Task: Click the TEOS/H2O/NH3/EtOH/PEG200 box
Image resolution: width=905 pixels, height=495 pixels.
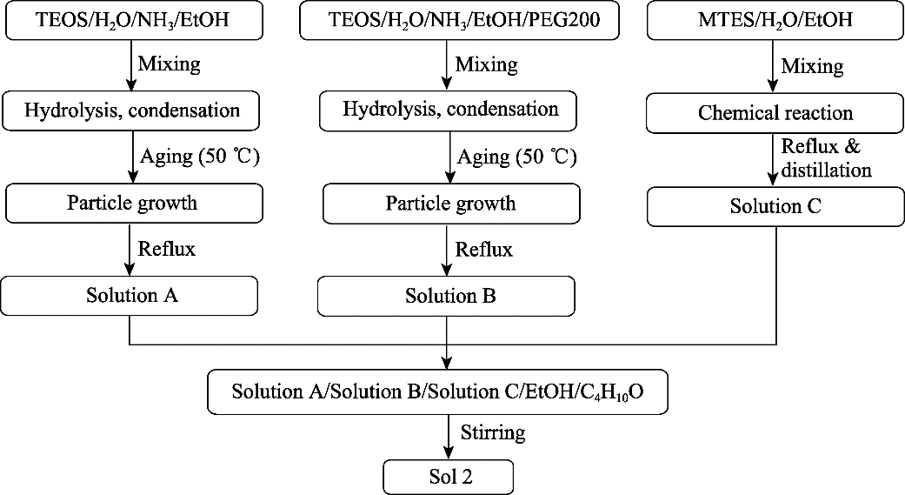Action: pos(459,20)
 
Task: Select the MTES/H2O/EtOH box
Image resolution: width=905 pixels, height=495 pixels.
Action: pos(775,20)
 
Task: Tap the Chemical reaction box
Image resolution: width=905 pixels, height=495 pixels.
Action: pos(775,113)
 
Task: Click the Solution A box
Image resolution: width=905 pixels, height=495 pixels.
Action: pos(130,296)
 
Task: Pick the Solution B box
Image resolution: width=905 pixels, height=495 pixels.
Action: pos(446,297)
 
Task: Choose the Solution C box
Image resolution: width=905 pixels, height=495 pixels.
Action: pos(775,206)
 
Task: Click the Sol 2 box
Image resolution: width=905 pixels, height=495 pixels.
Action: pos(449,477)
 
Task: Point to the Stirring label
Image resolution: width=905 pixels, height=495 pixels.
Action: pos(493,432)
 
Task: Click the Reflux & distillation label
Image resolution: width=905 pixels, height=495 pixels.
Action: pos(825,158)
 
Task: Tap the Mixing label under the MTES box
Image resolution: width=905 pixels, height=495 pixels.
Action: pos(812,66)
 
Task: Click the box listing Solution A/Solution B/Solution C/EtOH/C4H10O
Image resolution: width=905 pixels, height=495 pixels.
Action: pos(437,392)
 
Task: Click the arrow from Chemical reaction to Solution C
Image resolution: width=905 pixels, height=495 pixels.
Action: pos(775,159)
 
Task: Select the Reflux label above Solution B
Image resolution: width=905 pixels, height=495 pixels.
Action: pos(483,250)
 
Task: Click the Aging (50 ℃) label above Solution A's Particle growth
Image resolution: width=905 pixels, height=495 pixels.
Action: pos(200,157)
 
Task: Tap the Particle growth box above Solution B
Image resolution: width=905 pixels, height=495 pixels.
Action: pos(451,204)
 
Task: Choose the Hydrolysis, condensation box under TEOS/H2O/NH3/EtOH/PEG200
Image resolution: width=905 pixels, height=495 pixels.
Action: pos(448,110)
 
